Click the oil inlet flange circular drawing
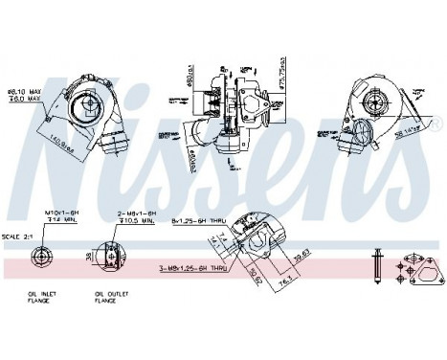(x=42, y=256)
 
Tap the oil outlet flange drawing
(x=113, y=256)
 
